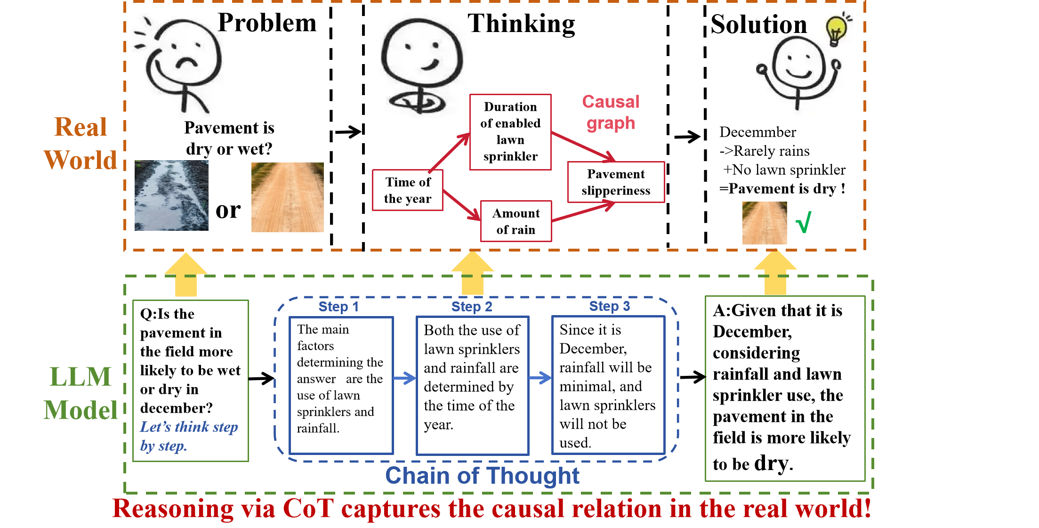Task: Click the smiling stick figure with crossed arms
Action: (x=419, y=66)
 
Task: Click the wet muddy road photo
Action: (x=171, y=195)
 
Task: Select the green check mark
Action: (x=804, y=222)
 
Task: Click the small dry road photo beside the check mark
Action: (x=764, y=223)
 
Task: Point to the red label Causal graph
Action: (x=611, y=112)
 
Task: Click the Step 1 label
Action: (x=338, y=307)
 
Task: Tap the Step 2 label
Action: (x=471, y=307)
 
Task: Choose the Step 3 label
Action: (x=609, y=306)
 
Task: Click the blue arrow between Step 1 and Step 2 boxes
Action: (x=404, y=378)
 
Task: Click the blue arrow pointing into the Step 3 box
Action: (x=540, y=378)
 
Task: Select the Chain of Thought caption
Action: (x=482, y=475)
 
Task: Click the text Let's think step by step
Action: (x=188, y=436)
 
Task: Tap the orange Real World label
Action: (x=81, y=143)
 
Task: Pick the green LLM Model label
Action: (x=81, y=393)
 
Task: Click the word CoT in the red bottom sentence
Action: (x=308, y=509)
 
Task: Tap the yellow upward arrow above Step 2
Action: (x=472, y=273)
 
